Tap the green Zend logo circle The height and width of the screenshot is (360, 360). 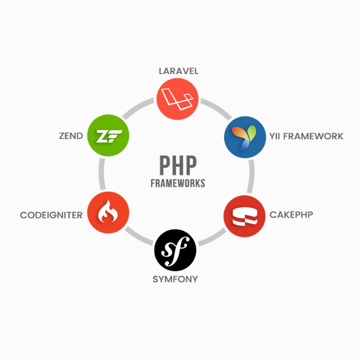coord(108,136)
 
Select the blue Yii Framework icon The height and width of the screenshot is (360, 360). coord(245,136)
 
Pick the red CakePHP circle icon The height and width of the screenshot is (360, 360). coord(245,215)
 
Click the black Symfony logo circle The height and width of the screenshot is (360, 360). coord(175,250)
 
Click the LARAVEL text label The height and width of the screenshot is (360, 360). coord(178,71)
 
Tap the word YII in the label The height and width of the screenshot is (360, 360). coord(275,136)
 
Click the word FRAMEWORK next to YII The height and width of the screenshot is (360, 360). coord(313,136)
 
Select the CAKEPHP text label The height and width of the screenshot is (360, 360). coord(291,214)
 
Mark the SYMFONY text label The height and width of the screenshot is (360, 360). coord(175,279)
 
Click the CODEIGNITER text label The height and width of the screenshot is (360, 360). coord(51,215)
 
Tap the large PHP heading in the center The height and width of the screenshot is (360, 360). coord(177,166)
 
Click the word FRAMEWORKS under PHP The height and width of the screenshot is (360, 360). coord(177,183)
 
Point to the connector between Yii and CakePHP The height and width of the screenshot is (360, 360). coord(251,176)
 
